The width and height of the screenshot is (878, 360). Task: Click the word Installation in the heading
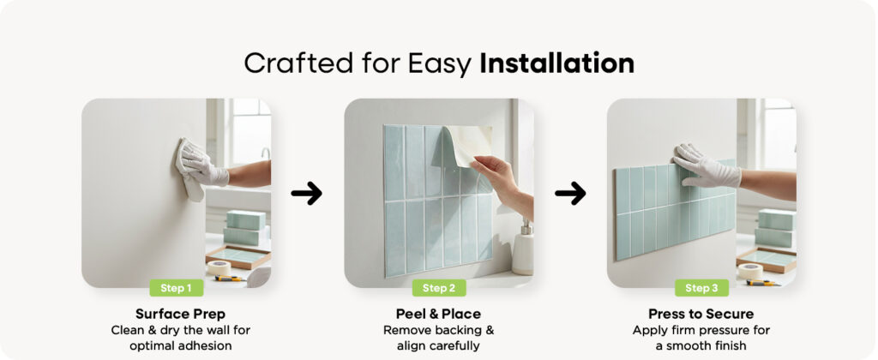[556, 63]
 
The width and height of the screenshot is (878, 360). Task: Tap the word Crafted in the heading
[298, 63]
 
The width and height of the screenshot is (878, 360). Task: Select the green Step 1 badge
[177, 288]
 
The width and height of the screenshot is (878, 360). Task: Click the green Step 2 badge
[439, 288]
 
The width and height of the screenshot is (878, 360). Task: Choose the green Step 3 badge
[701, 288]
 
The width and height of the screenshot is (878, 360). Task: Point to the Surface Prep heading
[180, 314]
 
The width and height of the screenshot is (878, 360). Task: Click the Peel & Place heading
[438, 314]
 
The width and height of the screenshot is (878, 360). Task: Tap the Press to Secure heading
[701, 314]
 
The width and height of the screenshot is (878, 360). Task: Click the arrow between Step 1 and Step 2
[306, 193]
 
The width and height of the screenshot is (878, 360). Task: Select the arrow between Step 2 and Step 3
[570, 193]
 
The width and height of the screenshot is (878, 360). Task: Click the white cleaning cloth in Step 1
[189, 171]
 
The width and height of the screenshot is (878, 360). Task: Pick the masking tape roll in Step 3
[749, 271]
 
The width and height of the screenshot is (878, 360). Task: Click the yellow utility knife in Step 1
[230, 279]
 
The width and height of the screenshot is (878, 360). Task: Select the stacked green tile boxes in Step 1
[244, 228]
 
